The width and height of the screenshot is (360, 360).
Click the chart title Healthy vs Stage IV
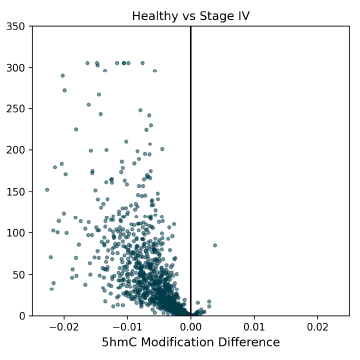coord(190,15)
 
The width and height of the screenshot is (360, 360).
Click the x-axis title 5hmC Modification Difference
coord(190,343)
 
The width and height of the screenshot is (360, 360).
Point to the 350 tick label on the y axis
coord(16,26)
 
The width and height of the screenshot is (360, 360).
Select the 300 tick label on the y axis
coord(16,67)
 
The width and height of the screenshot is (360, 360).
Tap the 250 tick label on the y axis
coord(16,108)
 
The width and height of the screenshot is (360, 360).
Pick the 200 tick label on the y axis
coord(16,150)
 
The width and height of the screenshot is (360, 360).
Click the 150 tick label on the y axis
coord(16,191)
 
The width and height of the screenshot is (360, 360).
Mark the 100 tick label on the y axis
coord(16,232)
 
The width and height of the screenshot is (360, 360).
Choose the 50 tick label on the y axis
coord(19,274)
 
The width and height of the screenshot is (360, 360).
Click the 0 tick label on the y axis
coord(22,315)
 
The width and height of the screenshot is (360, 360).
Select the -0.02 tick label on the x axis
coord(63,326)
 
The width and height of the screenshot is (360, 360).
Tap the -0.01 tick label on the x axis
coord(126,326)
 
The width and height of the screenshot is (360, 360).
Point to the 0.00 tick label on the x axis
coord(190,326)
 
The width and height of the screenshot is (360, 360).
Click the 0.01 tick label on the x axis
coord(254,326)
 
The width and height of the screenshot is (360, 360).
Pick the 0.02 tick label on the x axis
coord(317,326)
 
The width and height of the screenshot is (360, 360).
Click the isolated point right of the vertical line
coord(214,245)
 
